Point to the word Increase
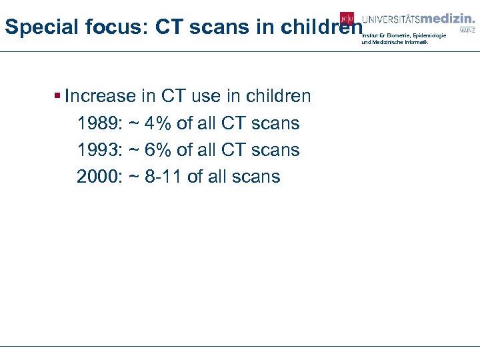100,96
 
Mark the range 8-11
163,177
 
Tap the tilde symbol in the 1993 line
133,150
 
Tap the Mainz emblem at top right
468,28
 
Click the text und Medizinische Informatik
395,42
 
